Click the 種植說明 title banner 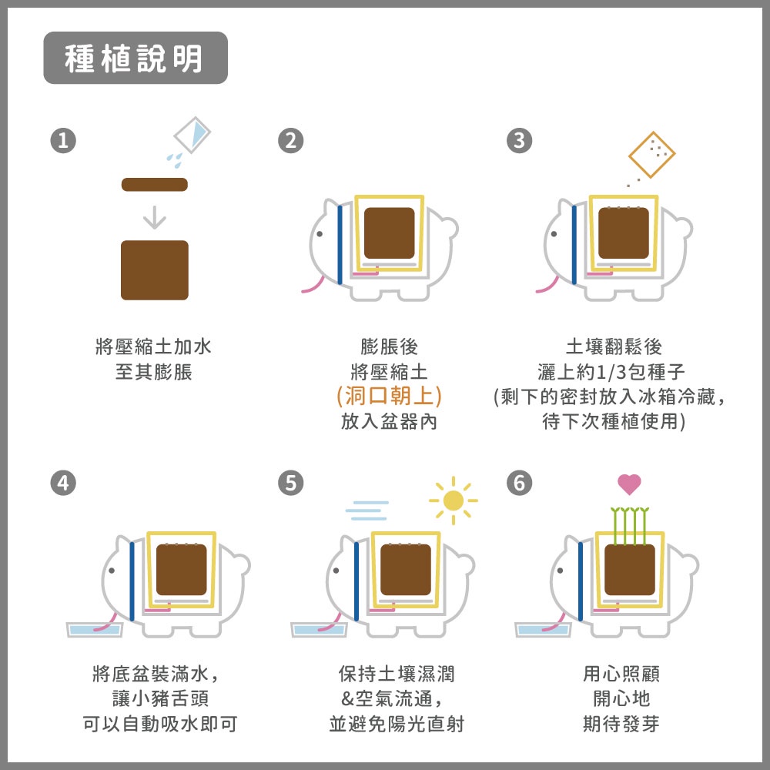point(136,58)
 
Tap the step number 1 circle point(63,140)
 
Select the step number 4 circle point(63,483)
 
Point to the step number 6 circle point(519,483)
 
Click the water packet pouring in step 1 point(192,135)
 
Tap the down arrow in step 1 point(155,217)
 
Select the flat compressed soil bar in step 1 point(155,185)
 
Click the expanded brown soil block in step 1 point(155,270)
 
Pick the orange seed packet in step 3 point(652,154)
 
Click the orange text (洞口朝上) point(389,396)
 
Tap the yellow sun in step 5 point(454,500)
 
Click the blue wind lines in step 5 point(367,511)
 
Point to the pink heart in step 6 point(630,484)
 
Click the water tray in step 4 point(94,630)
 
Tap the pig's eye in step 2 point(320,234)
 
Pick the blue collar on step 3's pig point(574,245)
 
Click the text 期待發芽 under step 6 point(621,724)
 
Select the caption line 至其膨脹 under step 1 point(154,372)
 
